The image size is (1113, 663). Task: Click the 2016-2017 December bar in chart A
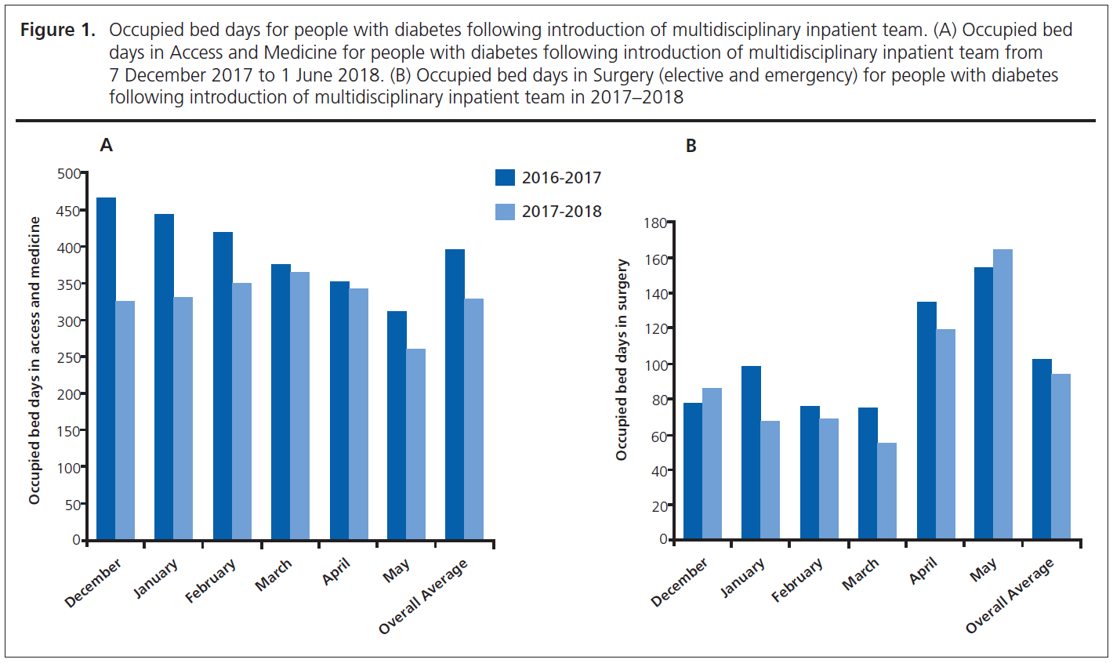[106, 368]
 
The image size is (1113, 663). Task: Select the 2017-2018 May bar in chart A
[415, 444]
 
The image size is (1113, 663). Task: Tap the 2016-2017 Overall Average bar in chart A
[455, 394]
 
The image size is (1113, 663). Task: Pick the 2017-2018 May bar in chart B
[1002, 394]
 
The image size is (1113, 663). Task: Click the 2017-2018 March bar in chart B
[886, 491]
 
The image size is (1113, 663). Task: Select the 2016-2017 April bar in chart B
[926, 420]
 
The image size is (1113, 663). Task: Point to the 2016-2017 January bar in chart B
[751, 452]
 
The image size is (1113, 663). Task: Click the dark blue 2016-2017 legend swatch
[505, 178]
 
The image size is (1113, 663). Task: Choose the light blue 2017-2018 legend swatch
[505, 212]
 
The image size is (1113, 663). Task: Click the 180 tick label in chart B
[654, 223]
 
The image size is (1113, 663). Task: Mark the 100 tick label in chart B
[654, 365]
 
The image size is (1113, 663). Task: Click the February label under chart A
[210, 581]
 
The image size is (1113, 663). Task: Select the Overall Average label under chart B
[1010, 596]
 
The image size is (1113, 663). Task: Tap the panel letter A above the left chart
[107, 146]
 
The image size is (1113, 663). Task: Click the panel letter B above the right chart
[691, 147]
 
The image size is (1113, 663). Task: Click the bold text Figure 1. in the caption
[57, 31]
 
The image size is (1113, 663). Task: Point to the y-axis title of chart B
[622, 360]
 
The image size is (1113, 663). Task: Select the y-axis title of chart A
[34, 360]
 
